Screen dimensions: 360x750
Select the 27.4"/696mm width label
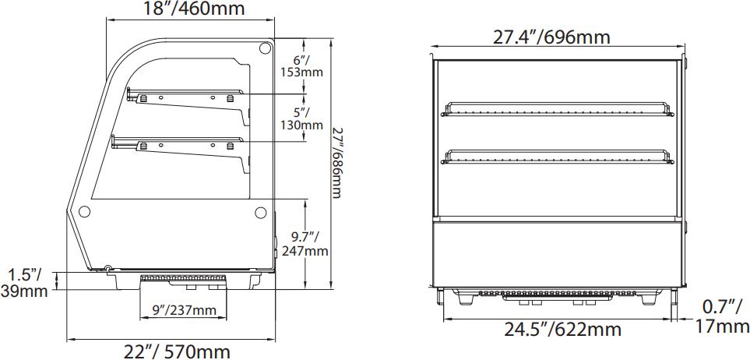coord(551,37)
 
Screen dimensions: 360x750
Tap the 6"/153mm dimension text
coord(301,66)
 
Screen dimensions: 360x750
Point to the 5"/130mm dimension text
coord(301,118)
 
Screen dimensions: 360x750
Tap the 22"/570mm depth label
coord(178,351)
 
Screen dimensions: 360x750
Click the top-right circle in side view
coord(264,49)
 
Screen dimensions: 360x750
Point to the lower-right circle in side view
coord(262,211)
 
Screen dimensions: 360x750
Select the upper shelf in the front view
coord(557,108)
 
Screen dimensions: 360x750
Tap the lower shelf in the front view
coord(557,155)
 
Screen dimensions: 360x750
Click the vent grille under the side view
coord(184,278)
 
